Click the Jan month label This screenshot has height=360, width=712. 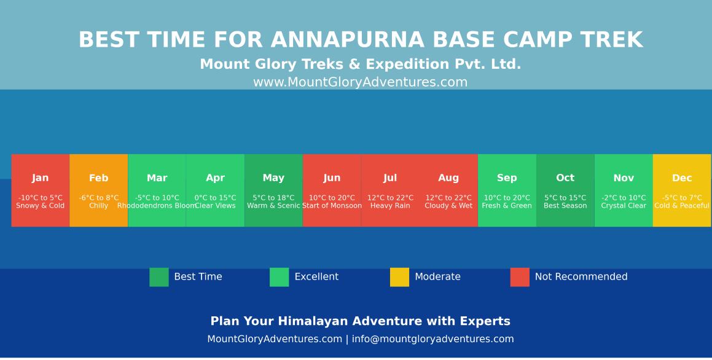pyautogui.click(x=41, y=178)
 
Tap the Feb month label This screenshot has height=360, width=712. pyautogui.click(x=98, y=178)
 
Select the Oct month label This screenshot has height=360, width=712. pyautogui.click(x=565, y=178)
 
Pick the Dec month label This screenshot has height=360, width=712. pyautogui.click(x=682, y=178)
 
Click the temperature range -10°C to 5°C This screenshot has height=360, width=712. pyautogui.click(x=41, y=198)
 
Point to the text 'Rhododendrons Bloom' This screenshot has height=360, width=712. pyautogui.click(x=157, y=206)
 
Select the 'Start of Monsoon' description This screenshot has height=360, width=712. pyautogui.click(x=332, y=206)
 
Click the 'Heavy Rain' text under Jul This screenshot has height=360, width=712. pyautogui.click(x=390, y=206)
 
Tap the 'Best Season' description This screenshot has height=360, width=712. pyautogui.click(x=565, y=206)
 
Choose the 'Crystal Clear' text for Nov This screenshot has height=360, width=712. pyautogui.click(x=624, y=206)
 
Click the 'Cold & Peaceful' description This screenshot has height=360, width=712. pyautogui.click(x=682, y=206)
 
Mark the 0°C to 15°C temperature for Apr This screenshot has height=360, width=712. pyautogui.click(x=215, y=198)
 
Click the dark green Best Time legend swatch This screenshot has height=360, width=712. pyautogui.click(x=159, y=277)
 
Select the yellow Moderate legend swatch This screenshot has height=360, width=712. pyautogui.click(x=399, y=277)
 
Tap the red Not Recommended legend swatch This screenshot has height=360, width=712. pyautogui.click(x=520, y=277)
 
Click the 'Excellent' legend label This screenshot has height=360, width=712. pyautogui.click(x=316, y=277)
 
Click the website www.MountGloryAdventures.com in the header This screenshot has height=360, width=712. pyautogui.click(x=360, y=82)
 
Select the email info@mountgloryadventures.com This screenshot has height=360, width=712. pyautogui.click(x=432, y=339)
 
